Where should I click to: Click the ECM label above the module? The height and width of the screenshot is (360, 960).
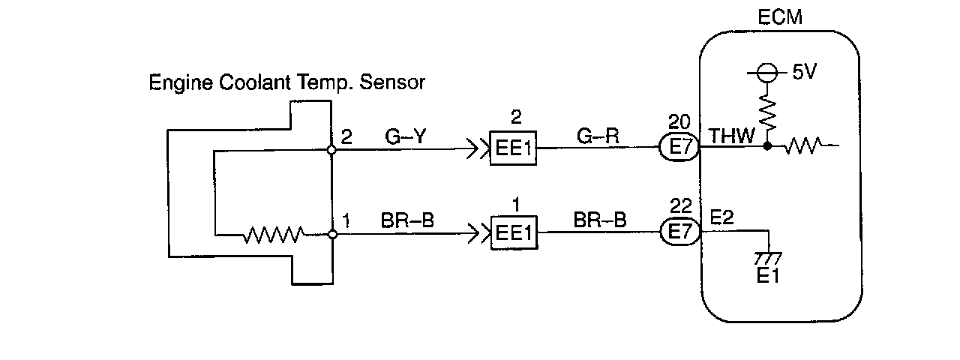780,17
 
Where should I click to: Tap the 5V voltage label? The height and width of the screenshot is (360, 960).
805,71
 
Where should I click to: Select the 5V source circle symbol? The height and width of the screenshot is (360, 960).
767,73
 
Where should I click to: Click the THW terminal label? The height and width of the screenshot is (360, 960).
731,136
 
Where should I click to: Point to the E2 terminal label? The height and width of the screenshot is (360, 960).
722,217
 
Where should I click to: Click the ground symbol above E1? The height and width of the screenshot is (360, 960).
768,259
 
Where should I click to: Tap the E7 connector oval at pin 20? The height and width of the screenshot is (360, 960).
679,148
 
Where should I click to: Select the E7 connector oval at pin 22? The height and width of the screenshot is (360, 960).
680,232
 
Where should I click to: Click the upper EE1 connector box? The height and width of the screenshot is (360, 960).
513,148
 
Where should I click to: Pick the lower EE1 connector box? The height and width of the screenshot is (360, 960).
514,232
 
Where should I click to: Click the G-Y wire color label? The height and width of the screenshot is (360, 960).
406,136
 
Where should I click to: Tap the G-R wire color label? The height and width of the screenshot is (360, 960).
598,136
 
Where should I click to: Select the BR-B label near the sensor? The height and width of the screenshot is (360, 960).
407,220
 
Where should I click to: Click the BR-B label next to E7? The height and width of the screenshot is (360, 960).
600,220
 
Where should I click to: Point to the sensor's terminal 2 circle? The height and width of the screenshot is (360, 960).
331,149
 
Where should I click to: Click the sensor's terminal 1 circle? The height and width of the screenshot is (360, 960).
332,235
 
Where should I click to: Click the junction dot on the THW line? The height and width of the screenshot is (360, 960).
767,146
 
